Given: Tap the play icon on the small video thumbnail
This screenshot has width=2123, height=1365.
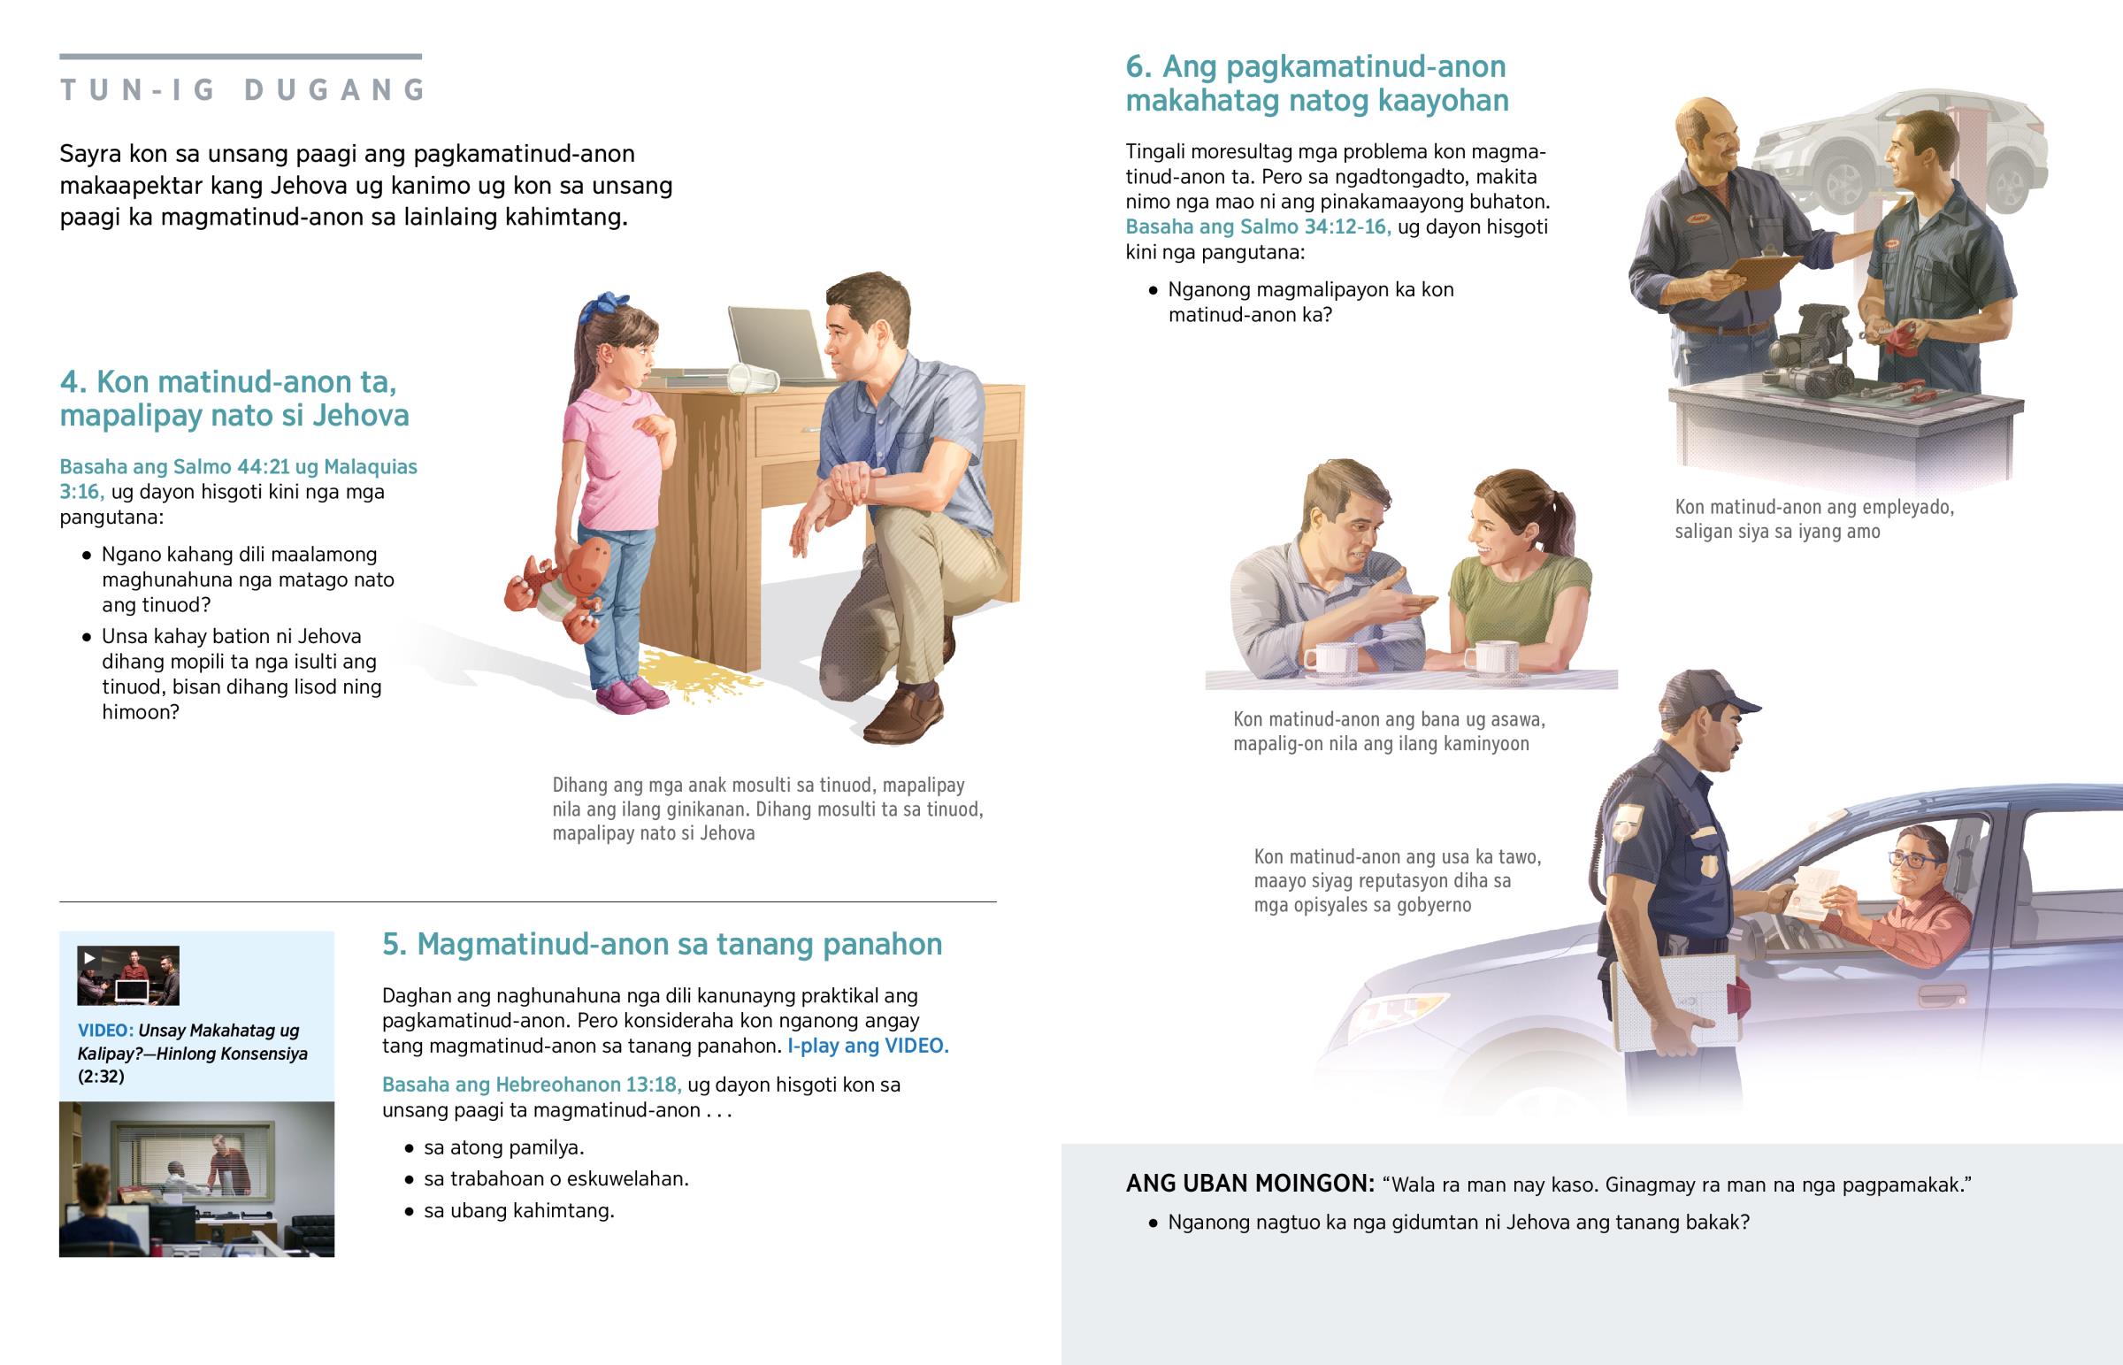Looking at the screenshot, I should [88, 958].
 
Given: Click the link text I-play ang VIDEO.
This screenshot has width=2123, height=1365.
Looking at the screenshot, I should [868, 1046].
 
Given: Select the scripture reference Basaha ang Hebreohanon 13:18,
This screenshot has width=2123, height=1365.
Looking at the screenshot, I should [531, 1085].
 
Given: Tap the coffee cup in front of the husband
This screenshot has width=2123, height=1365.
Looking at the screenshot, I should [1330, 658].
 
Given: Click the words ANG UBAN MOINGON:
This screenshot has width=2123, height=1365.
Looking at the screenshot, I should [1249, 1185].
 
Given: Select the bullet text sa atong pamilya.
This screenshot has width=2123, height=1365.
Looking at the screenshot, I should [503, 1148].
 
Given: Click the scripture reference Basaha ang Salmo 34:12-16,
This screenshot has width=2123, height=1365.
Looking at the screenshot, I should [1257, 226].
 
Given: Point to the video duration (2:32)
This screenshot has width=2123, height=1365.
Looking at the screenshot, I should [101, 1077].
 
